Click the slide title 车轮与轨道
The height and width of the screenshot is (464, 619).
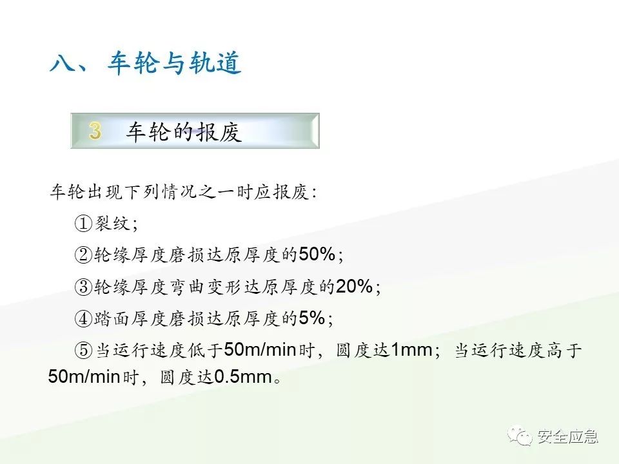174,64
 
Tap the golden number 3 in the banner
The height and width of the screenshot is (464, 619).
95,131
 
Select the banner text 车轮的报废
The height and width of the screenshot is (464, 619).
184,132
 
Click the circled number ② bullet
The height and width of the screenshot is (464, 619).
84,255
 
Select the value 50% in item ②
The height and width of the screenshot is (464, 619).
316,255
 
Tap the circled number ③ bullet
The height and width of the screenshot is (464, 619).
84,287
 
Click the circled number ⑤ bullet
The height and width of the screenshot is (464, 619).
84,351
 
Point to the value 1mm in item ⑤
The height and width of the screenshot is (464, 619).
411,351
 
